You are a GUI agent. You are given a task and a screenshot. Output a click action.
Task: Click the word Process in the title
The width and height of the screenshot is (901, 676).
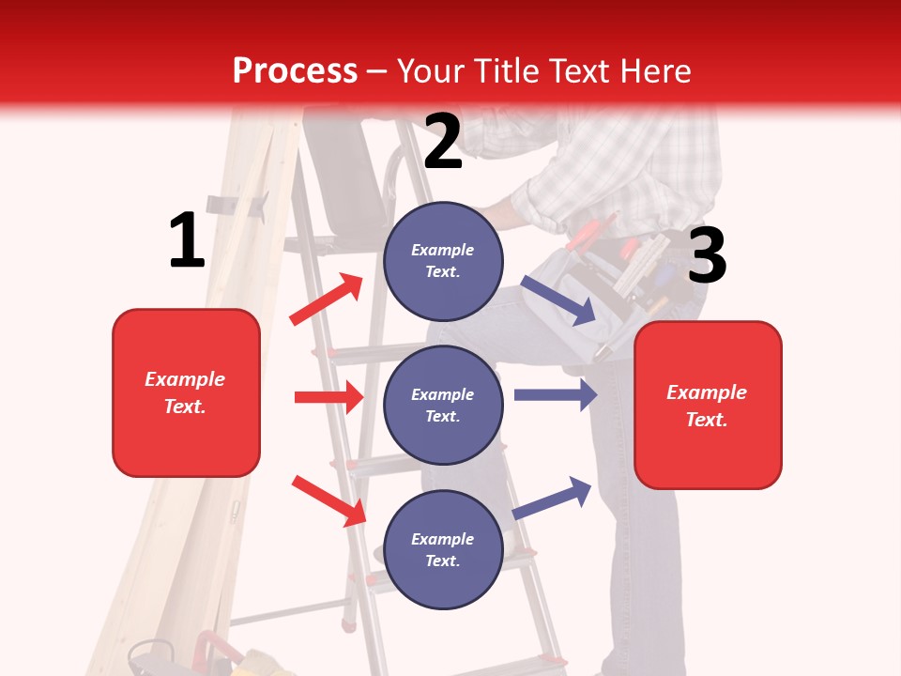pyautogui.click(x=295, y=70)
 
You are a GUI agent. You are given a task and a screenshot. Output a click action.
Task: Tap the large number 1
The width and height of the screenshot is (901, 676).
pyautogui.click(x=187, y=240)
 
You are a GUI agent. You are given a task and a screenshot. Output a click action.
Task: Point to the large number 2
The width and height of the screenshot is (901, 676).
pyautogui.click(x=443, y=142)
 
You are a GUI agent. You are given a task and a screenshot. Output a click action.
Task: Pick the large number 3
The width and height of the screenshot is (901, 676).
pyautogui.click(x=707, y=256)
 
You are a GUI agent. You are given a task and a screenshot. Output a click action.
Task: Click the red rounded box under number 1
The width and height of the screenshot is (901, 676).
pyautogui.click(x=186, y=392)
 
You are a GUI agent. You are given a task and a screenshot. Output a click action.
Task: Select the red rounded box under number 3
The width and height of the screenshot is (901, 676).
pyautogui.click(x=708, y=406)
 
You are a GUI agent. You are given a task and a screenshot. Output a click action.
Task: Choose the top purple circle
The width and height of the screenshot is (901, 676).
pyautogui.click(x=443, y=261)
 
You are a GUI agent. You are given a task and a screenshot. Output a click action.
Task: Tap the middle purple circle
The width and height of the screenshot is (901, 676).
pyautogui.click(x=443, y=405)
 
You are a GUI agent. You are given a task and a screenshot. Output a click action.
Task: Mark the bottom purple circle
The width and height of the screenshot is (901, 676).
pyautogui.click(x=443, y=549)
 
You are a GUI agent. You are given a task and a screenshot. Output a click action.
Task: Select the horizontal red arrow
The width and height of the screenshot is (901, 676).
pyautogui.click(x=328, y=397)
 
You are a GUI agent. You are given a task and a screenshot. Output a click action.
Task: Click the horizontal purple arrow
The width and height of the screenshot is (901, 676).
pyautogui.click(x=556, y=394)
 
